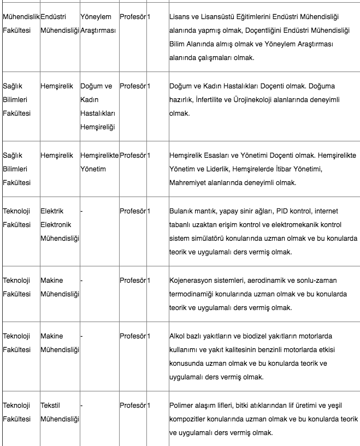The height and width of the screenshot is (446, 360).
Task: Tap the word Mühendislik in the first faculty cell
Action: click(x=21, y=17)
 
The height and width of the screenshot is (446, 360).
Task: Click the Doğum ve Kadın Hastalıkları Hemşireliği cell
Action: click(x=98, y=106)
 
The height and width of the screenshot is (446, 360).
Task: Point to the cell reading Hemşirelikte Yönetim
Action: click(x=99, y=162)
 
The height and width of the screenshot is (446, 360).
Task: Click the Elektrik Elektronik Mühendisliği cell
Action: click(x=60, y=224)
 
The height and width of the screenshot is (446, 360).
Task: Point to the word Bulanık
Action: click(x=182, y=211)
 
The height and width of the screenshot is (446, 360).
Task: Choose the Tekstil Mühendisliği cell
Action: click(x=60, y=412)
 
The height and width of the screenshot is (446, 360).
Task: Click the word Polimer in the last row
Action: click(x=183, y=405)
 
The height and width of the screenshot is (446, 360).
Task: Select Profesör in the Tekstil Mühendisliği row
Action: click(x=133, y=405)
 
